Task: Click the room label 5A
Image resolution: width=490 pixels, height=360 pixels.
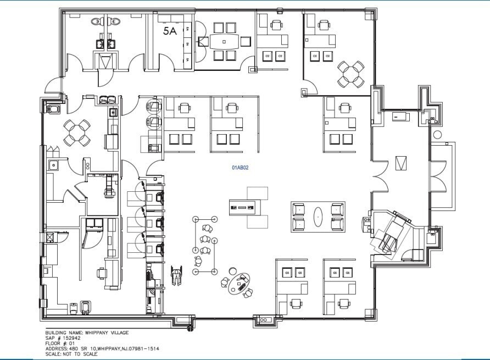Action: coord(170,31)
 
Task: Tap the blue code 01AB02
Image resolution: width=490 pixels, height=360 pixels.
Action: coord(240,168)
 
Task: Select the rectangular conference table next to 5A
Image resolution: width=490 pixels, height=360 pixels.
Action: coord(224,41)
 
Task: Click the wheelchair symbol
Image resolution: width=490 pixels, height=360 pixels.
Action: coord(176,275)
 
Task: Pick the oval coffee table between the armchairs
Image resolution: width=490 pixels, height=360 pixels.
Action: coord(319,216)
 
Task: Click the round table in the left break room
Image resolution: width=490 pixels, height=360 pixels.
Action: coord(77,132)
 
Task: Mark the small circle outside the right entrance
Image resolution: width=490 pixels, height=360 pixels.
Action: coord(437,135)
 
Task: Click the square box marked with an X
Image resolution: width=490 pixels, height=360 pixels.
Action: coord(49,237)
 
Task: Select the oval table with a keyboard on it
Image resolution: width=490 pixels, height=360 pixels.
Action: coord(241,285)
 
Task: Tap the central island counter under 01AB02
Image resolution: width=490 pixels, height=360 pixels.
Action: coord(243,207)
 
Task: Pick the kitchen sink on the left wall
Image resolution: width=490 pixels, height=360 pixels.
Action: coord(53,164)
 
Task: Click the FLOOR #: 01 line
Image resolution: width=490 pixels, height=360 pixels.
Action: coord(62,344)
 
